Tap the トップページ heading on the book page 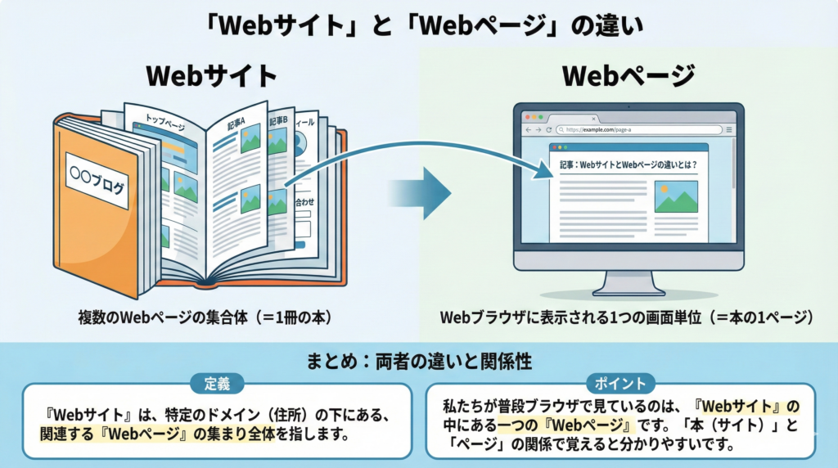coord(164,123)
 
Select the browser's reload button coord(548,130)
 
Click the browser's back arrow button coord(528,130)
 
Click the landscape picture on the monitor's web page coord(675,196)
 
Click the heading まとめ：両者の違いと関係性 coord(419,358)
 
